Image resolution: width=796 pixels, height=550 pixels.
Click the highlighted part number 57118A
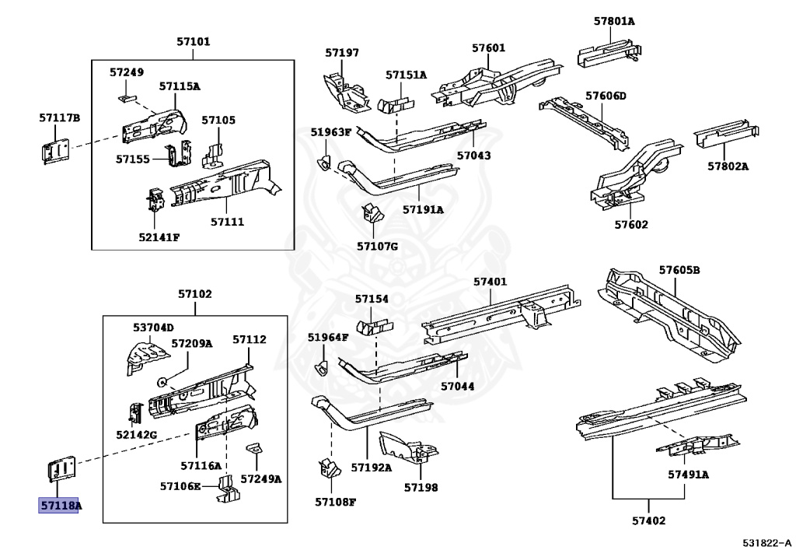[60, 506]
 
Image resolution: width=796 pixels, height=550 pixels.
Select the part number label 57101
[194, 42]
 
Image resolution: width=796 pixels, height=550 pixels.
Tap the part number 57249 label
[126, 72]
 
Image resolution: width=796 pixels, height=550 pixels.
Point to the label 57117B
[60, 117]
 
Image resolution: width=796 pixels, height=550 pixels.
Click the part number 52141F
[159, 236]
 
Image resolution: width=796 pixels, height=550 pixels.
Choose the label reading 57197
[342, 53]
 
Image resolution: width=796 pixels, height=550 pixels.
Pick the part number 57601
[488, 48]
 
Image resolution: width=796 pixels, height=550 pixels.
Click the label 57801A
[614, 21]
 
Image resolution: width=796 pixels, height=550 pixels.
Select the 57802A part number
[728, 166]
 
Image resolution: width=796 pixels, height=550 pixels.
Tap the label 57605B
[679, 270]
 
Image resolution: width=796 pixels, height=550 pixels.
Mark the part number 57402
[648, 520]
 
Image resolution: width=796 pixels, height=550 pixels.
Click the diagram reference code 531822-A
[766, 541]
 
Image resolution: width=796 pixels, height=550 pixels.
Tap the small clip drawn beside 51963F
[324, 163]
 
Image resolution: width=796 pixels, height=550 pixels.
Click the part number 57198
[421, 488]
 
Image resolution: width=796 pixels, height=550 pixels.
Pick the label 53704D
[153, 328]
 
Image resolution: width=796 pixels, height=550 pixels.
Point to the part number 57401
[490, 282]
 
